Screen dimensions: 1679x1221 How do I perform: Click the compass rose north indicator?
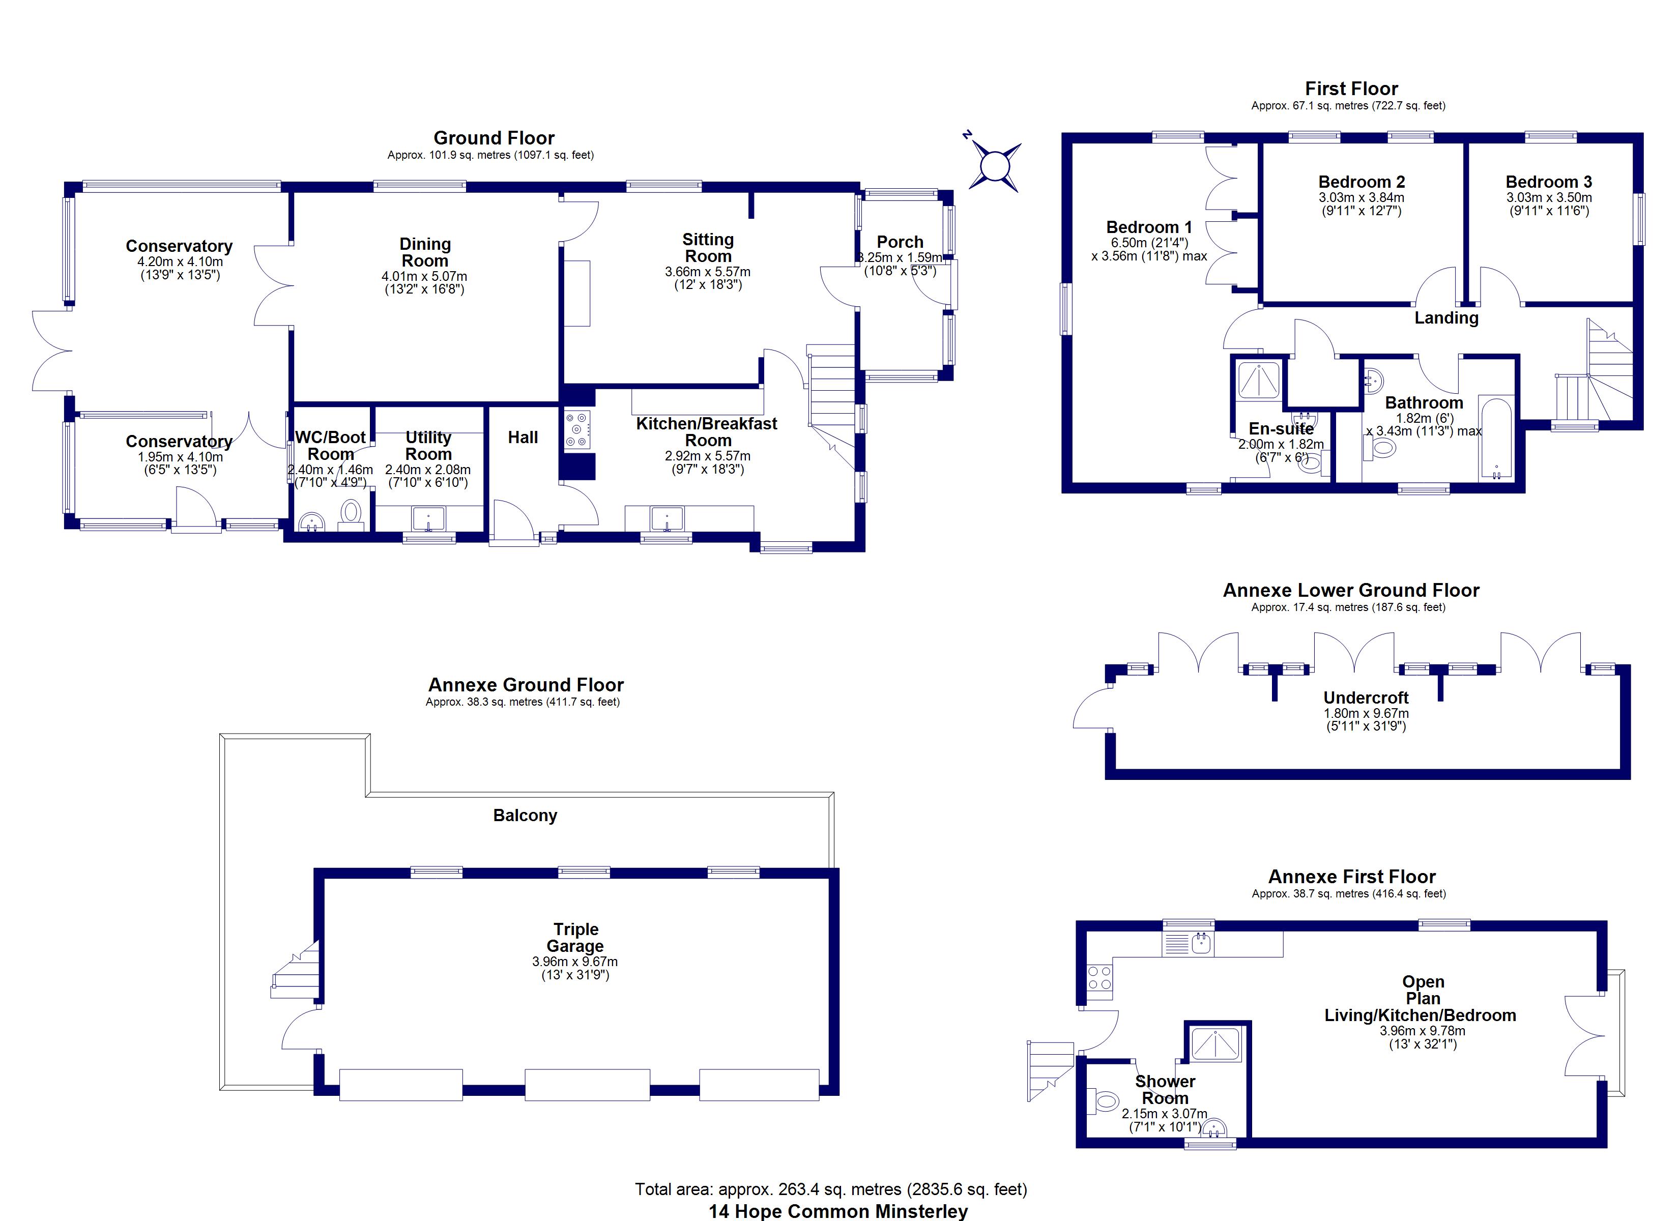coord(967,135)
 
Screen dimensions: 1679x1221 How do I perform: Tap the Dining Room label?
coord(425,252)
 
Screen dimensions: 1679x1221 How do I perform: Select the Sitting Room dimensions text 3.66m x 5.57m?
coord(708,272)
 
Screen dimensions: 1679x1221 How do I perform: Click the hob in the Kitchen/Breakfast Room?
coord(578,429)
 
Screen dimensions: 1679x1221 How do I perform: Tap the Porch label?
coord(900,242)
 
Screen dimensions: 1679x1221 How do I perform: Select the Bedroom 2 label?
coord(1362,182)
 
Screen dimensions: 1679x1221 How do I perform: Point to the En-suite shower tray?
coord(1259,379)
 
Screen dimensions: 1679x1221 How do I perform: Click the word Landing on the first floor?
coord(1446,318)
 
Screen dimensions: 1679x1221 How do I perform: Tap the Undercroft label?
coord(1366,697)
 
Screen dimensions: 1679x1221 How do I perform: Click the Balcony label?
coord(525,815)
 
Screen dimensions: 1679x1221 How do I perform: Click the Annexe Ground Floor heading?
coord(526,685)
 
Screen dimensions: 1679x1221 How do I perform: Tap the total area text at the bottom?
coord(831,1189)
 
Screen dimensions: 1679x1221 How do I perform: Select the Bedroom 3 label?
coord(1549,182)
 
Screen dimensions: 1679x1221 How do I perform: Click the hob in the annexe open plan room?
coord(1100,977)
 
